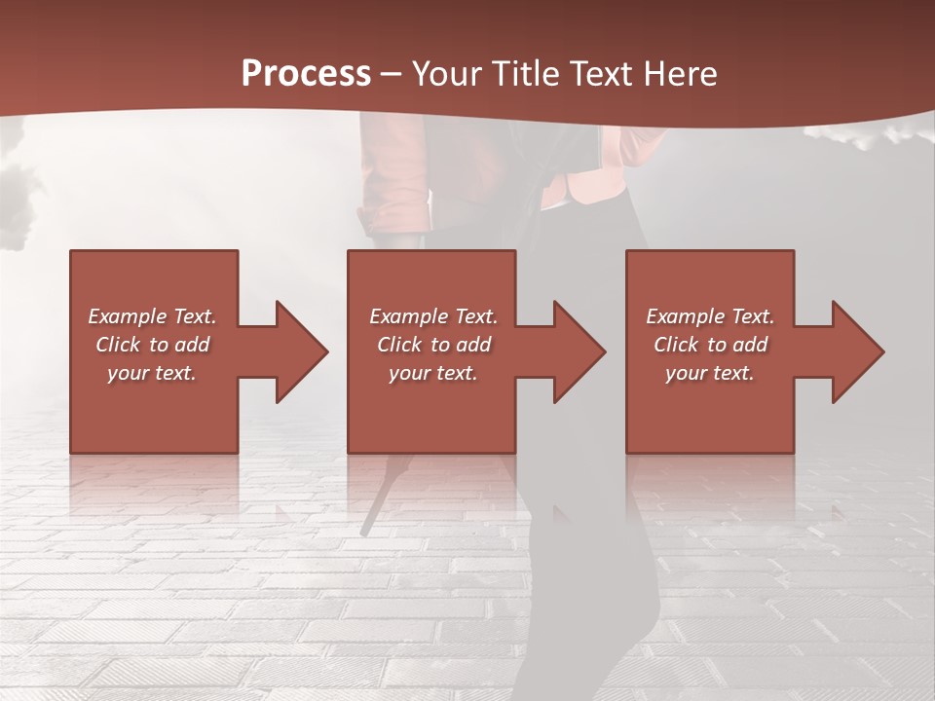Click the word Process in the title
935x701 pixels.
click(306, 74)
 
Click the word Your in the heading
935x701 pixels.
click(448, 74)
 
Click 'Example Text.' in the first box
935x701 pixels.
click(152, 316)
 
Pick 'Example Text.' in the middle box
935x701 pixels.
click(433, 316)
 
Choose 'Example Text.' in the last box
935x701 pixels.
click(710, 316)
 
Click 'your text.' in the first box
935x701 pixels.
click(152, 373)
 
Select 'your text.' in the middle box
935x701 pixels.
click(433, 373)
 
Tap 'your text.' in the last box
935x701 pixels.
click(710, 373)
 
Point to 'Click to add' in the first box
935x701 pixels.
click(152, 345)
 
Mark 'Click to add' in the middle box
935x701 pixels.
click(433, 345)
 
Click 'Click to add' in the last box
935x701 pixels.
click(710, 345)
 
